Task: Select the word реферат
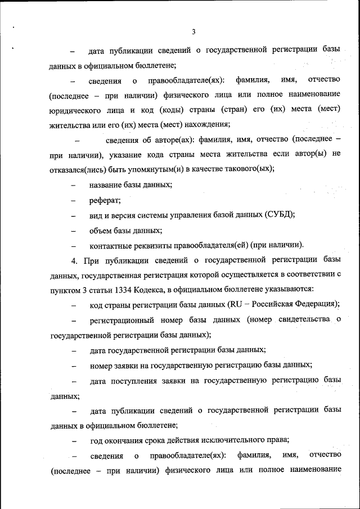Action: pos(101,200)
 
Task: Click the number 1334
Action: pos(123,289)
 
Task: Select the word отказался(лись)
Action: pos(79,169)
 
